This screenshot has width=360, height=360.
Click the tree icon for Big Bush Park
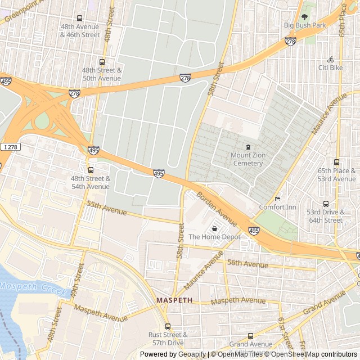[304, 17]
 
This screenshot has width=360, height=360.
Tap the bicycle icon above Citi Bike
[330, 60]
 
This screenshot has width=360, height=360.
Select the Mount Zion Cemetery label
[247, 159]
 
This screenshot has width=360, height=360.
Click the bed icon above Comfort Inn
[277, 199]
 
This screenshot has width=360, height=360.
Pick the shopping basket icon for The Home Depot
[215, 228]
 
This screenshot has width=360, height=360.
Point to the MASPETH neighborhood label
[174, 300]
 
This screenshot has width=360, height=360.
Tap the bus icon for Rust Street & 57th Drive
[168, 326]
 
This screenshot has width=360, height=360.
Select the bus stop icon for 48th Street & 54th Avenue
[91, 170]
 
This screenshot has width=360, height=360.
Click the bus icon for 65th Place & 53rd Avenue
[336, 163]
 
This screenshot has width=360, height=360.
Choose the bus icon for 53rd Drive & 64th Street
[325, 204]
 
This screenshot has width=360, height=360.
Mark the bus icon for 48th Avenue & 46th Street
[79, 18]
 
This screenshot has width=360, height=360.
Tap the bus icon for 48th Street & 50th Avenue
[102, 62]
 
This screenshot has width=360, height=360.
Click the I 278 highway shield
[10, 147]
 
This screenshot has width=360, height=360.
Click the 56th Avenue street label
[247, 264]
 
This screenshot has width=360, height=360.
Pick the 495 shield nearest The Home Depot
[254, 231]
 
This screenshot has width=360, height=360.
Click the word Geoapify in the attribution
[192, 354]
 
